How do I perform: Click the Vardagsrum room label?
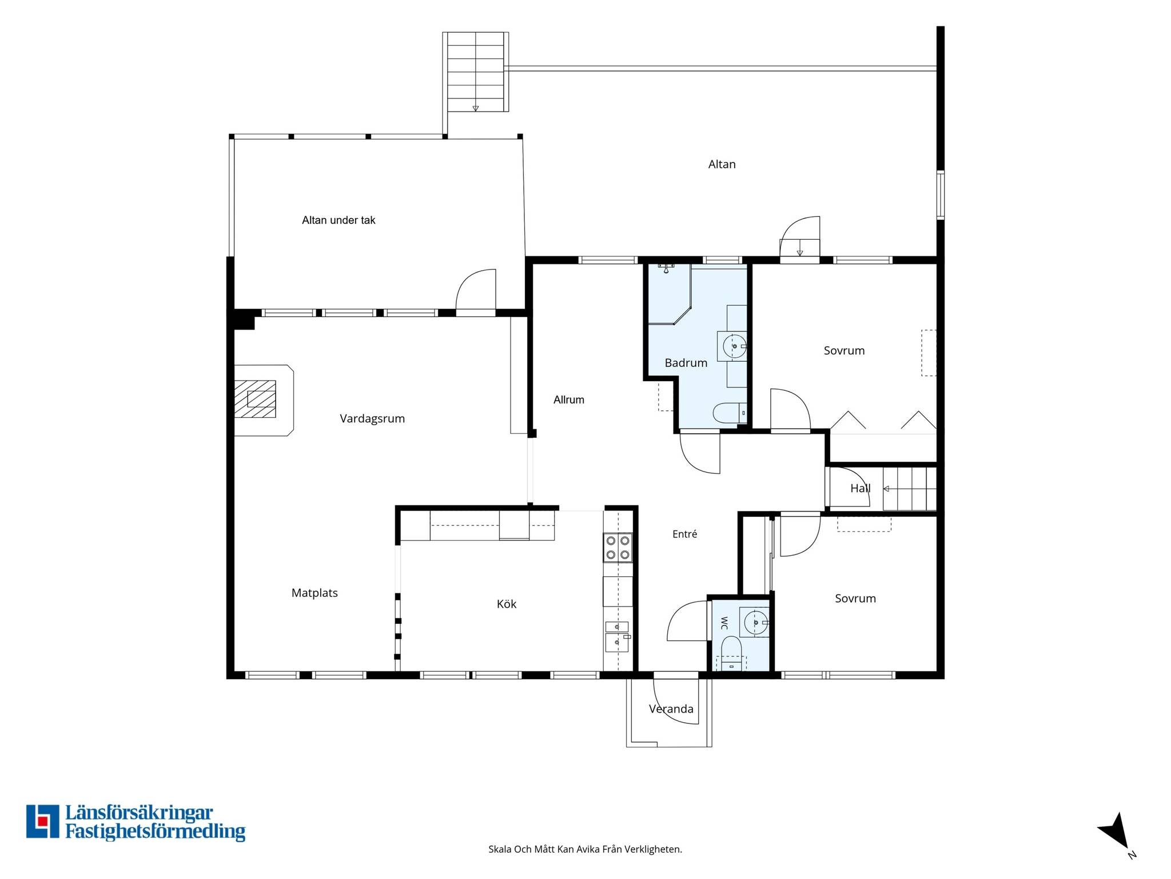pos(372,419)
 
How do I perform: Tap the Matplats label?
pos(314,593)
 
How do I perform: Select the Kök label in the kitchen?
pos(507,604)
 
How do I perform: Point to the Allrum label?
pos(569,400)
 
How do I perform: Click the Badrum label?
pos(686,363)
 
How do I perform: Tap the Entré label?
pos(685,534)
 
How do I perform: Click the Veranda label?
pos(671,709)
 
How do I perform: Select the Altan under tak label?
pos(338,220)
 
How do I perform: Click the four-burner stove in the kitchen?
pos(618,547)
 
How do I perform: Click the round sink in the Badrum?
pos(734,346)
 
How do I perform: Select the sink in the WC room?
pos(755,622)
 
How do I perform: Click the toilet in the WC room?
pos(731,654)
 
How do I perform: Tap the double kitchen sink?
pos(618,636)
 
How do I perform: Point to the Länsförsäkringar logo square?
pos(42,822)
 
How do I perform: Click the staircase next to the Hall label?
pos(910,489)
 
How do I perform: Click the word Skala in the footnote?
pos(500,849)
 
